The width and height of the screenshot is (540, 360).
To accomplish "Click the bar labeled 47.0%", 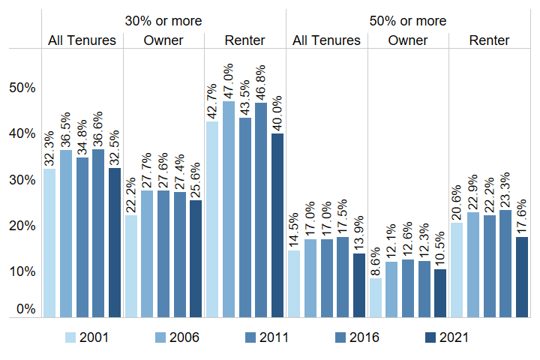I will click(229, 209).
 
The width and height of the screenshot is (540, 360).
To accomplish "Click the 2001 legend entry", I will click(87, 337).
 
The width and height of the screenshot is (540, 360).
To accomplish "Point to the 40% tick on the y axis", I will click(22, 133).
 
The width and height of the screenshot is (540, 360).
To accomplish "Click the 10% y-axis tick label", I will click(22, 271).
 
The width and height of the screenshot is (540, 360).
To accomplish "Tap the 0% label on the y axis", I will click(25, 308).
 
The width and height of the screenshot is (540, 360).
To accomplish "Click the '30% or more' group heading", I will click(163, 21).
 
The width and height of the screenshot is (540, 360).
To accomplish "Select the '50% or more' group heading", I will click(407, 21).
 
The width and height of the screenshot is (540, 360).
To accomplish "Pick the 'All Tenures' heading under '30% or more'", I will click(82, 40).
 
